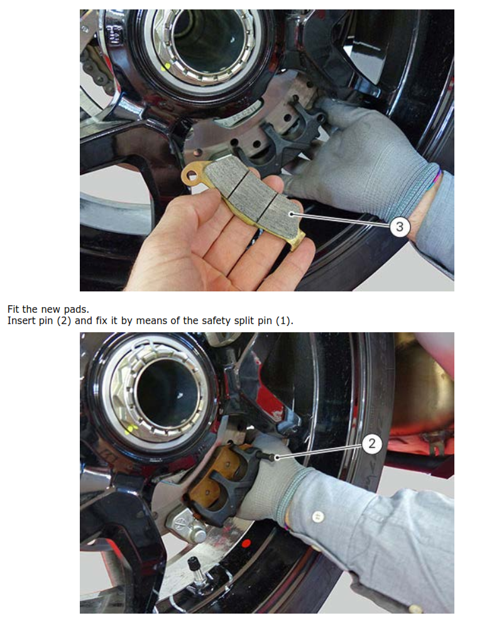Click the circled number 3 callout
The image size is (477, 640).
pos(400,225)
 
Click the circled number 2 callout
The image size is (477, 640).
pos(371,443)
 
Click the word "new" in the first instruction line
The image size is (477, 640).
pos(51,310)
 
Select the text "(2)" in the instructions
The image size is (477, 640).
pos(63,321)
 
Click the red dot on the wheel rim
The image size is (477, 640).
pos(246,544)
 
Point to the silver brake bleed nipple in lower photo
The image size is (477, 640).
pos(186,528)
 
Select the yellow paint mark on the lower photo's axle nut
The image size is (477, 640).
pos(131,429)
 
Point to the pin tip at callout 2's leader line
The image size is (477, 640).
pos(277,457)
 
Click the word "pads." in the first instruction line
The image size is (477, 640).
pos(77,310)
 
